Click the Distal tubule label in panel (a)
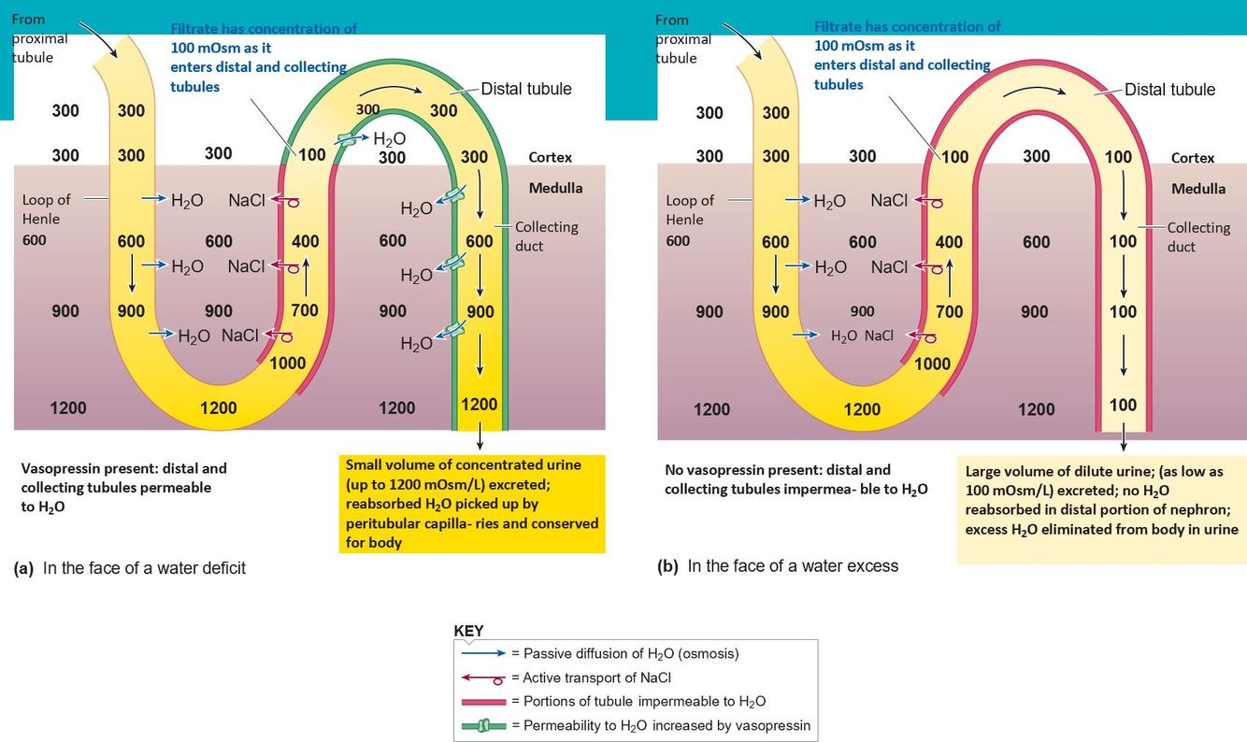(526, 89)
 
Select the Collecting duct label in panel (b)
(1198, 236)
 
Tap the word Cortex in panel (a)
(550, 158)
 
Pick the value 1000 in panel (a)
(287, 363)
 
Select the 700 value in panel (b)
(949, 311)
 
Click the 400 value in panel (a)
(305, 241)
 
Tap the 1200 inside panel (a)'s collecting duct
(479, 405)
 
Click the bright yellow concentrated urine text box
(472, 503)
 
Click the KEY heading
(468, 631)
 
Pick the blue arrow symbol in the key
(484, 653)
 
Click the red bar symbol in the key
(484, 701)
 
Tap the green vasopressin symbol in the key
(484, 725)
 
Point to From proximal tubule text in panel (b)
(683, 38)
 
